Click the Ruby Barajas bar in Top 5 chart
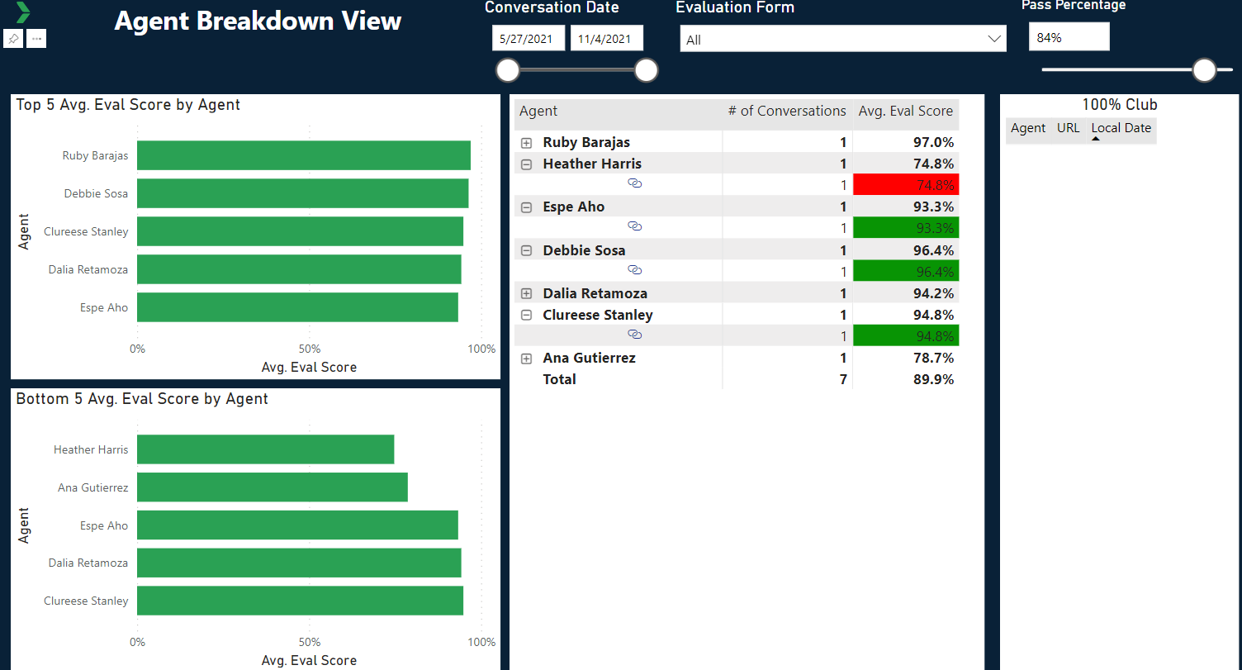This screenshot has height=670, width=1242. coord(303,155)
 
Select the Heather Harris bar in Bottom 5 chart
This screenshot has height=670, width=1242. coord(265,449)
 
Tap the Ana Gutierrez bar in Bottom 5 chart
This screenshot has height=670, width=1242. coord(272,487)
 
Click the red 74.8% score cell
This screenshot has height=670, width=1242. coord(906,185)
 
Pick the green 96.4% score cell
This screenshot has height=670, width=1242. coord(906,271)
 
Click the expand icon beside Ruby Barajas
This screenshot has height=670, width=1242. coord(527,143)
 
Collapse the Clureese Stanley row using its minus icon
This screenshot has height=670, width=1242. coord(527,315)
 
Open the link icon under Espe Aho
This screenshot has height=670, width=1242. coord(635,226)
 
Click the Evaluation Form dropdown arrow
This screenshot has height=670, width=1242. coord(993,39)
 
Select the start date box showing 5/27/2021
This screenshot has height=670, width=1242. coord(528,39)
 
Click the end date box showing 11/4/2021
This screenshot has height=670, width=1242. coord(606,39)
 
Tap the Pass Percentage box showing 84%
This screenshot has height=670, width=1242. coord(1069,37)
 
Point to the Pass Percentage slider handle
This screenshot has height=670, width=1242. coord(1205,70)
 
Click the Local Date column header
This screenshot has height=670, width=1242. coord(1121,128)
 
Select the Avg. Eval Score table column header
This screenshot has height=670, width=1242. coord(905,111)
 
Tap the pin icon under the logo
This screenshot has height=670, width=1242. coord(13,39)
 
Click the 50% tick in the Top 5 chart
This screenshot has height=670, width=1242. coord(310,349)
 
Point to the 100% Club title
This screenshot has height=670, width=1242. coord(1120,105)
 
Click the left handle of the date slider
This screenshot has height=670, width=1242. coord(508,70)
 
